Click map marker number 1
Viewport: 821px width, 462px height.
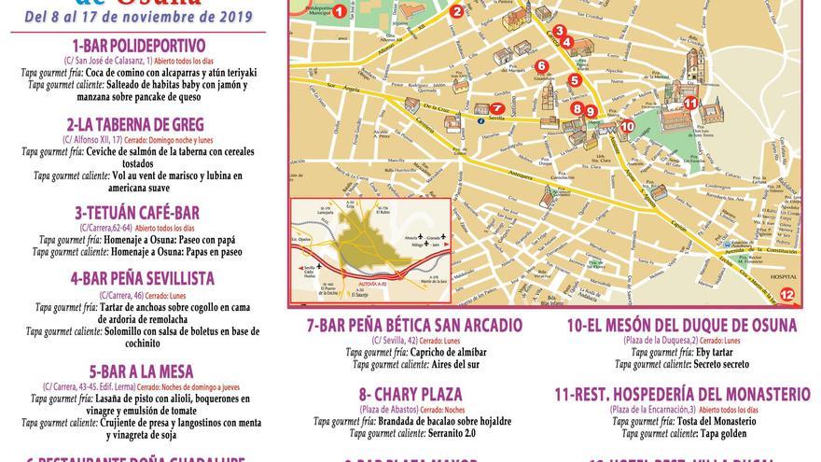pyautogui.click(x=339, y=12)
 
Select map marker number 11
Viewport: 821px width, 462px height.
pyautogui.click(x=691, y=104)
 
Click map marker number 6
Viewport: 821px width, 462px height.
pyautogui.click(x=542, y=66)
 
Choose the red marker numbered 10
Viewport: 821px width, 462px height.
pyautogui.click(x=627, y=126)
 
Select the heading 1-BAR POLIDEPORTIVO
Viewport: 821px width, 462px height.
pyautogui.click(x=138, y=46)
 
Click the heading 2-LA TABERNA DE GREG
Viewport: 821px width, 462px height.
pyautogui.click(x=135, y=124)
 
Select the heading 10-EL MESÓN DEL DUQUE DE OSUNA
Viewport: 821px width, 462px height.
pyautogui.click(x=682, y=326)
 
